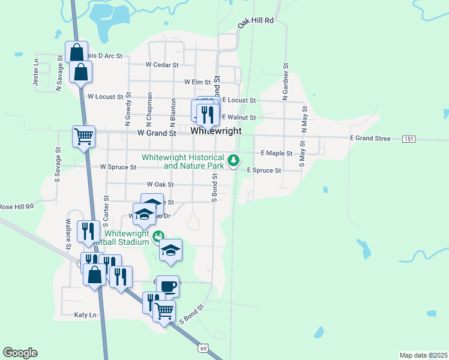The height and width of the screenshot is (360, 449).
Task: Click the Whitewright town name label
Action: click(x=216, y=131)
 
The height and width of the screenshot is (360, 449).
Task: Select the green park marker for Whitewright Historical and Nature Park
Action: click(x=234, y=160)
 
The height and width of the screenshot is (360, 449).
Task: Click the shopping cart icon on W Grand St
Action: click(x=83, y=136)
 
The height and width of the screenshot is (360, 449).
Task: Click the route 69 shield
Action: click(x=204, y=347)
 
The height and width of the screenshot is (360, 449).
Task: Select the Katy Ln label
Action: click(x=85, y=314)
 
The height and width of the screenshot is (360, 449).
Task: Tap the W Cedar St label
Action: click(x=161, y=64)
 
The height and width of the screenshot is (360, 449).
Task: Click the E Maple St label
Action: click(x=276, y=154)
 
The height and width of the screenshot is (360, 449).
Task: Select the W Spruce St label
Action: click(x=118, y=167)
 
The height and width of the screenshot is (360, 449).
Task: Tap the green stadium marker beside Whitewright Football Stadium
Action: click(x=158, y=236)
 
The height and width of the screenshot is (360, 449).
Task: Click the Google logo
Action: click(x=20, y=353)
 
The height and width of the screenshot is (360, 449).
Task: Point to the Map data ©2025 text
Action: click(x=423, y=355)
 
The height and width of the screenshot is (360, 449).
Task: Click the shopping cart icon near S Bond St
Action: click(x=164, y=311)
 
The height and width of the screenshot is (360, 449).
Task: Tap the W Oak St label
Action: click(x=160, y=185)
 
